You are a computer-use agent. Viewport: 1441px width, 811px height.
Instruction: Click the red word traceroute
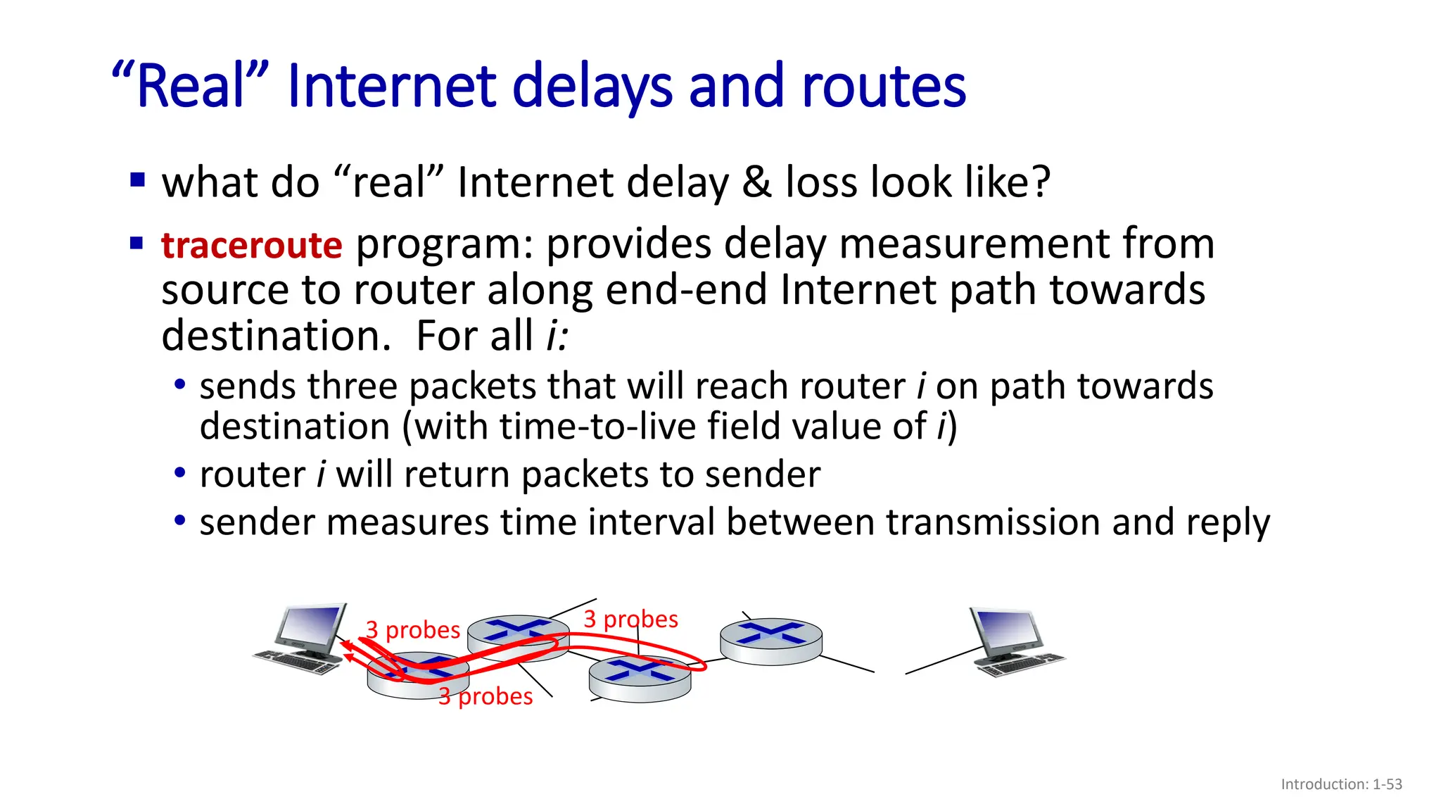pos(251,246)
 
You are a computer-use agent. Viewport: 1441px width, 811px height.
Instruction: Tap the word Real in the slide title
pos(191,87)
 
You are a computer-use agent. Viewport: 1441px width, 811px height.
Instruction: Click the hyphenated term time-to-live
pos(598,427)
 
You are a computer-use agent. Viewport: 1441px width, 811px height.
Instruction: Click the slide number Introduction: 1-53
pos(1341,784)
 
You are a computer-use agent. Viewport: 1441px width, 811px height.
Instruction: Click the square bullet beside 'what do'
pos(137,181)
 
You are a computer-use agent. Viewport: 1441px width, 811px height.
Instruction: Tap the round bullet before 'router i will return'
pos(180,473)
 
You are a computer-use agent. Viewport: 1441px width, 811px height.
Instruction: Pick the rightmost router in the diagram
pos(771,640)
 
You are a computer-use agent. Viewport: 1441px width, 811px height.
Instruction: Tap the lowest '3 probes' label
pos(485,696)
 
